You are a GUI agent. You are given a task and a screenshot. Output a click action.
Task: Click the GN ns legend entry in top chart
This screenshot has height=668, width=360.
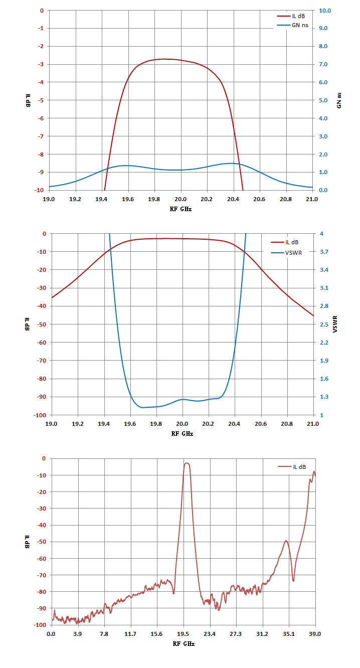tap(293, 26)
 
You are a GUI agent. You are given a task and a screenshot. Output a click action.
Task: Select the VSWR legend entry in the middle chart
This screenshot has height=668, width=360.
tap(286, 253)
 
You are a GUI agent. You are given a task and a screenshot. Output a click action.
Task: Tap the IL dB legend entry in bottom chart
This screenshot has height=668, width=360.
tap(292, 467)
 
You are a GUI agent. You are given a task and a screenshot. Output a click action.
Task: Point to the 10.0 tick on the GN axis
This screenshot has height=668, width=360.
tap(325, 11)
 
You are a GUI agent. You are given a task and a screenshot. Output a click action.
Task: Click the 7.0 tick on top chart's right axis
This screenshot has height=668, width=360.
tap(323, 64)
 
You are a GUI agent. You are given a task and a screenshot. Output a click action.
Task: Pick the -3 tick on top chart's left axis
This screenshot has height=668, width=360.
tap(40, 64)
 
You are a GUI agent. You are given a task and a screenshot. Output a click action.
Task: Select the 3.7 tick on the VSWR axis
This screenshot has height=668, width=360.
tap(324, 252)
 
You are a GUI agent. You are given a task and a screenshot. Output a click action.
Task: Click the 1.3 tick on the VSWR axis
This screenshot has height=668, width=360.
tap(324, 397)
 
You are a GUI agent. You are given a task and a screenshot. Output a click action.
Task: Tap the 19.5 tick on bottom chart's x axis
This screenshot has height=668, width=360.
tap(183, 634)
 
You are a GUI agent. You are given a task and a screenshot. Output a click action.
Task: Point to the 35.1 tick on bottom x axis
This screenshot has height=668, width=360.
tap(288, 634)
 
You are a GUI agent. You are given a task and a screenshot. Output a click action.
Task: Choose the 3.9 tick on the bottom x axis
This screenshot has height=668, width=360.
tap(78, 634)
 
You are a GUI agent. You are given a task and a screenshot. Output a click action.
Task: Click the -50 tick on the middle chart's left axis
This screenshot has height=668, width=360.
tap(42, 324)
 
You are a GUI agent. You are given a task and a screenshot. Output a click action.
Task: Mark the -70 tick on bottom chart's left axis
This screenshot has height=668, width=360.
tap(42, 575)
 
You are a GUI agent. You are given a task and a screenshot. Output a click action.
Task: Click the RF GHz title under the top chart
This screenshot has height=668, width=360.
tap(181, 209)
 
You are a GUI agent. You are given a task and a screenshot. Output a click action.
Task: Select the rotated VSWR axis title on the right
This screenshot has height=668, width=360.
tap(335, 324)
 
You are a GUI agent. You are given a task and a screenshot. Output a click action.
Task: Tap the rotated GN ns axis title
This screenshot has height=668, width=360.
tap(339, 100)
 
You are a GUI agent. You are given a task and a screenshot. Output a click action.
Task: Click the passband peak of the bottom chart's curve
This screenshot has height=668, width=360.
tap(187, 463)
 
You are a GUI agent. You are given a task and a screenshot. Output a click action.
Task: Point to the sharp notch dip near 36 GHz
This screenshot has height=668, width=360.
tap(293, 581)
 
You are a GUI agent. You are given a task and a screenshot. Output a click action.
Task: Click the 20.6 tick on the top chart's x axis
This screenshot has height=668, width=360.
tap(259, 199)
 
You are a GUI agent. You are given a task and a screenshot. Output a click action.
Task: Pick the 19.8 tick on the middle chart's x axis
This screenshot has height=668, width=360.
tap(156, 424)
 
